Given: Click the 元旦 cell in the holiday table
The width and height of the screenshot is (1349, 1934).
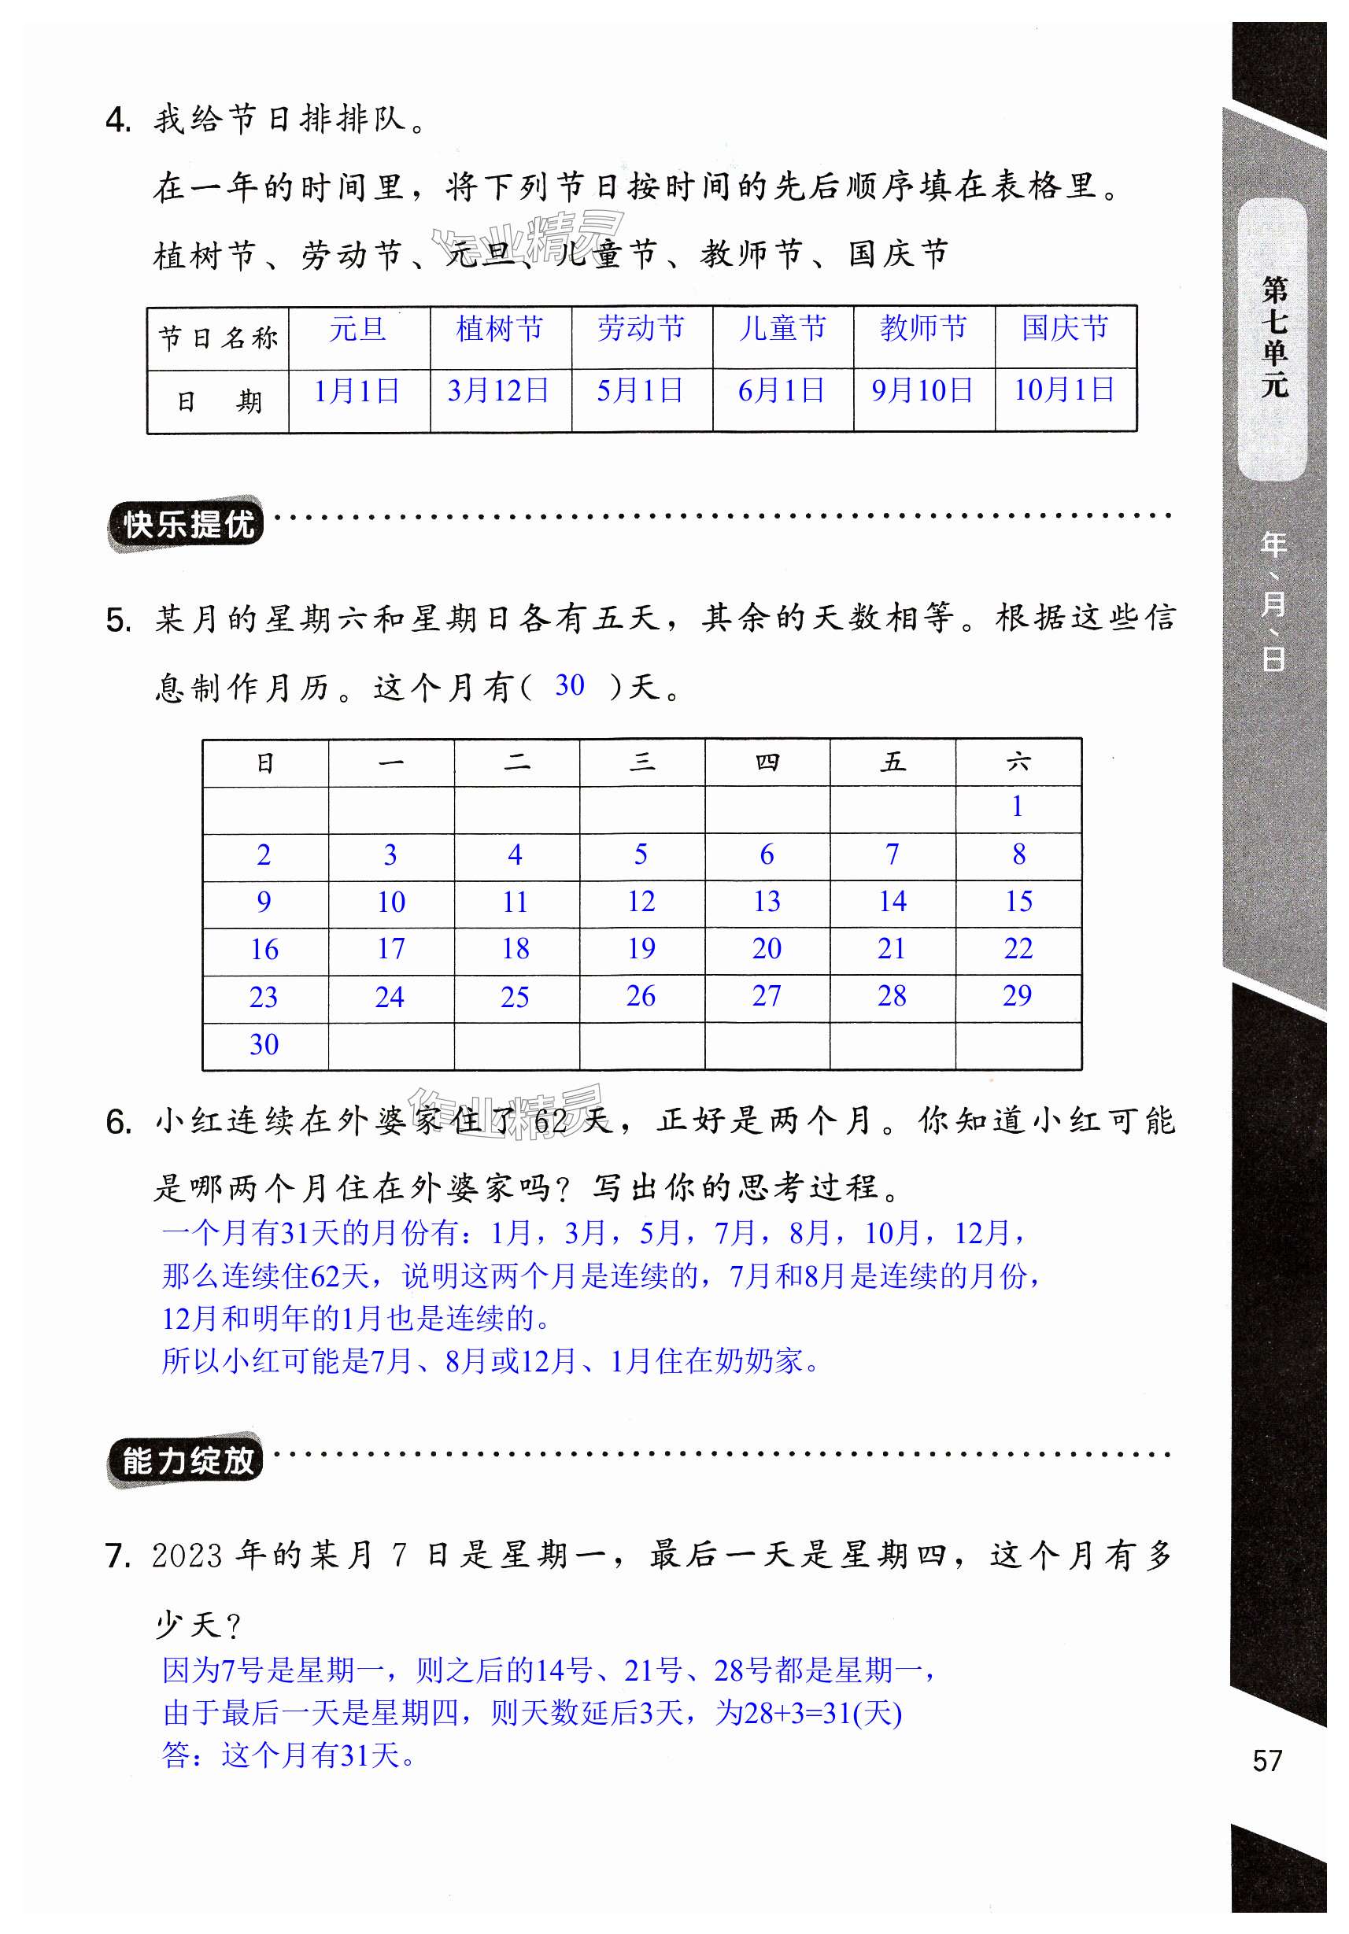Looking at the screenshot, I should pos(358,329).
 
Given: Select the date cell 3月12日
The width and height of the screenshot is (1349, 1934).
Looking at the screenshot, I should pos(499,391).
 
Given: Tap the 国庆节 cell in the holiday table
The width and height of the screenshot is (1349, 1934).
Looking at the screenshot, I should pos(1065,329).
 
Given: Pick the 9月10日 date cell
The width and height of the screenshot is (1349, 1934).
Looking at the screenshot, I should pos(922,391).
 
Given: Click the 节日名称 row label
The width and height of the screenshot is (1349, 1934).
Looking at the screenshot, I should pos(218,338).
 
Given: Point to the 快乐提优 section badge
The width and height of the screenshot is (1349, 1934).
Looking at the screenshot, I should pos(187,525).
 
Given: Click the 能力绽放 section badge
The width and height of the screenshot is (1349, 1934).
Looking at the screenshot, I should pos(187,1461).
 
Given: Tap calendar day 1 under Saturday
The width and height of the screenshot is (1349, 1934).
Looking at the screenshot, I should pos(1018,807).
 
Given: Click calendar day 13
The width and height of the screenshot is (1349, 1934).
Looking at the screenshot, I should pos(767,902).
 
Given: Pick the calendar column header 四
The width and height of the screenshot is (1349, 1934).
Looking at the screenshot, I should pos(767,762).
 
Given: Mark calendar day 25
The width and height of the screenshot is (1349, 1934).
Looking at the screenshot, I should pos(515,998).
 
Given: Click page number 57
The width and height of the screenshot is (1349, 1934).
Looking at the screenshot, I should pos(1267,1760).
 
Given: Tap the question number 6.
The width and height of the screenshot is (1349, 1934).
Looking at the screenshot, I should pos(119,1123).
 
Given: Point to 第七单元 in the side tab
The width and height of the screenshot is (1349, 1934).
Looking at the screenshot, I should pos(1275,337).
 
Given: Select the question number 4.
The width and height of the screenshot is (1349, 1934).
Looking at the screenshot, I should pos(119,120).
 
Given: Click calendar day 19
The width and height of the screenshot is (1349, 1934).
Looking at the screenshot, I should pos(641,950).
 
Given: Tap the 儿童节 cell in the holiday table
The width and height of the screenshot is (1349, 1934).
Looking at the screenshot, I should pos(783,329).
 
